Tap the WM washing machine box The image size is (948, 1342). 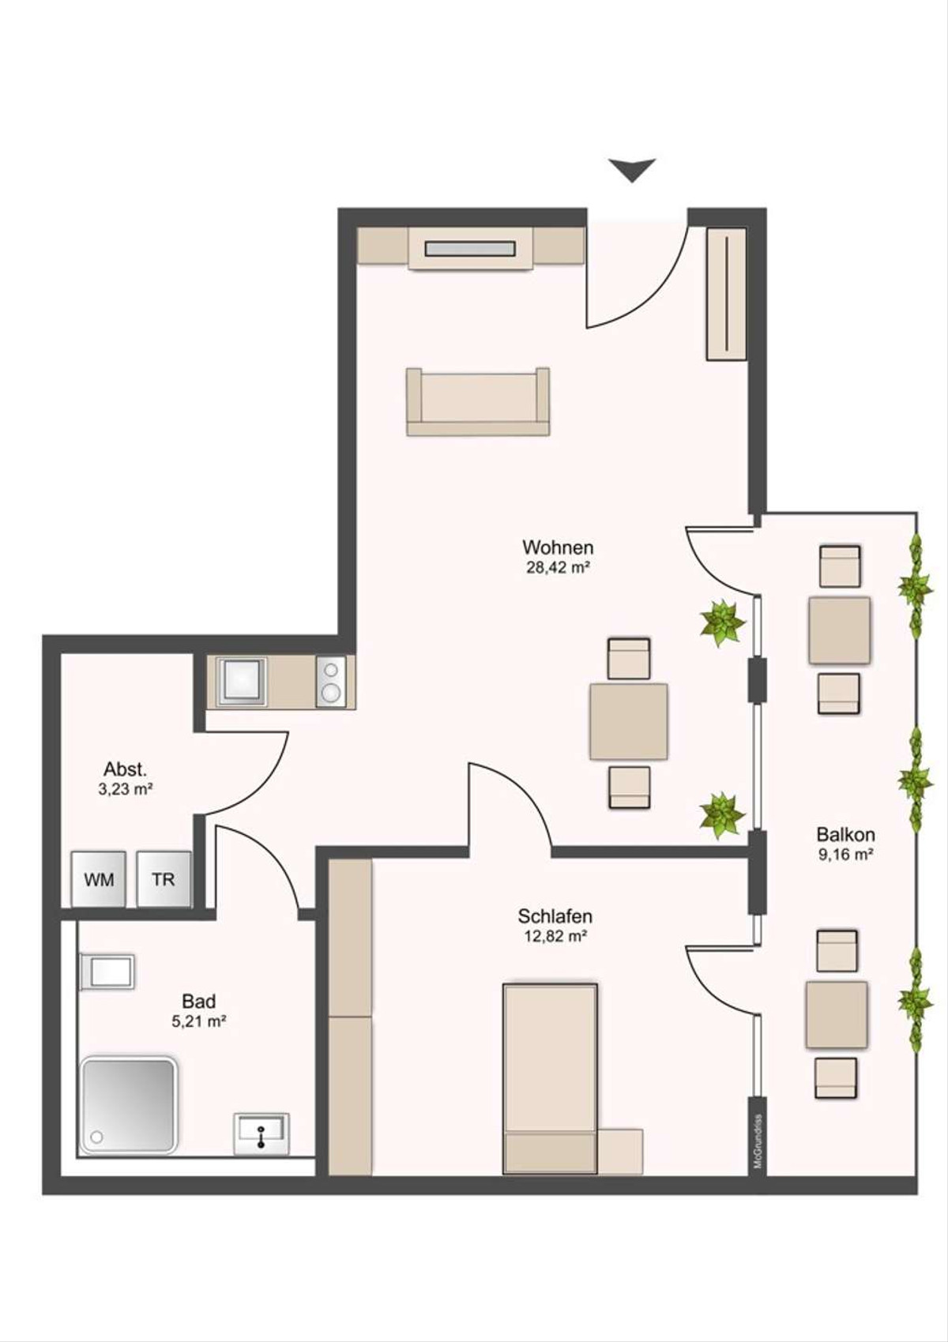coord(98,879)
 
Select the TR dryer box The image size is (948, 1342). coord(164,879)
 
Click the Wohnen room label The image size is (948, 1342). coord(558,547)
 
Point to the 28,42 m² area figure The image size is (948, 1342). coord(558,567)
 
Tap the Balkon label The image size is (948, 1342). coord(845,835)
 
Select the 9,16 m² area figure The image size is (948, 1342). coord(845,855)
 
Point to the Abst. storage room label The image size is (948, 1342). coord(126,769)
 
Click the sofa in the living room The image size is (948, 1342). coord(478,401)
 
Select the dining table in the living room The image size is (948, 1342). coord(629,722)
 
